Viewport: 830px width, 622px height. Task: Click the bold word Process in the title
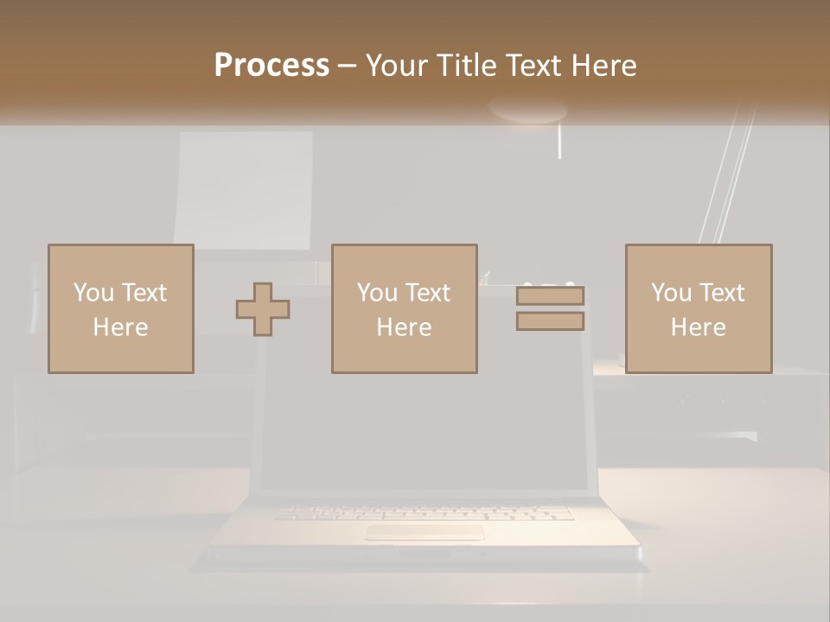pyautogui.click(x=271, y=66)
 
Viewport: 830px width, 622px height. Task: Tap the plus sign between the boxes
pyautogui.click(x=263, y=309)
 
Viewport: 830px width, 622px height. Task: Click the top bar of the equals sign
pyautogui.click(x=550, y=295)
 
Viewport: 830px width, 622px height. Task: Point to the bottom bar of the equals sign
pyautogui.click(x=550, y=321)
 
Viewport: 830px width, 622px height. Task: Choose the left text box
pyautogui.click(x=120, y=308)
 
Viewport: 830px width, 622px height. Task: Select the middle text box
pyautogui.click(x=404, y=308)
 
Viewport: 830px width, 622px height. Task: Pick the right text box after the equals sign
pyautogui.click(x=698, y=308)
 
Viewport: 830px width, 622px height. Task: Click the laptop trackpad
pyautogui.click(x=424, y=532)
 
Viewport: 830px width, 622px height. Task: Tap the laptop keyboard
pyautogui.click(x=424, y=512)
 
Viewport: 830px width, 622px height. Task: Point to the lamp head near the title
pyautogui.click(x=527, y=111)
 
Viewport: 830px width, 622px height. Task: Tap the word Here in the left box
pyautogui.click(x=120, y=327)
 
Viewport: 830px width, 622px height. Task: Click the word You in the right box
pyautogui.click(x=673, y=293)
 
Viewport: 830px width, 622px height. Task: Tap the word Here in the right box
pyautogui.click(x=698, y=327)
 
